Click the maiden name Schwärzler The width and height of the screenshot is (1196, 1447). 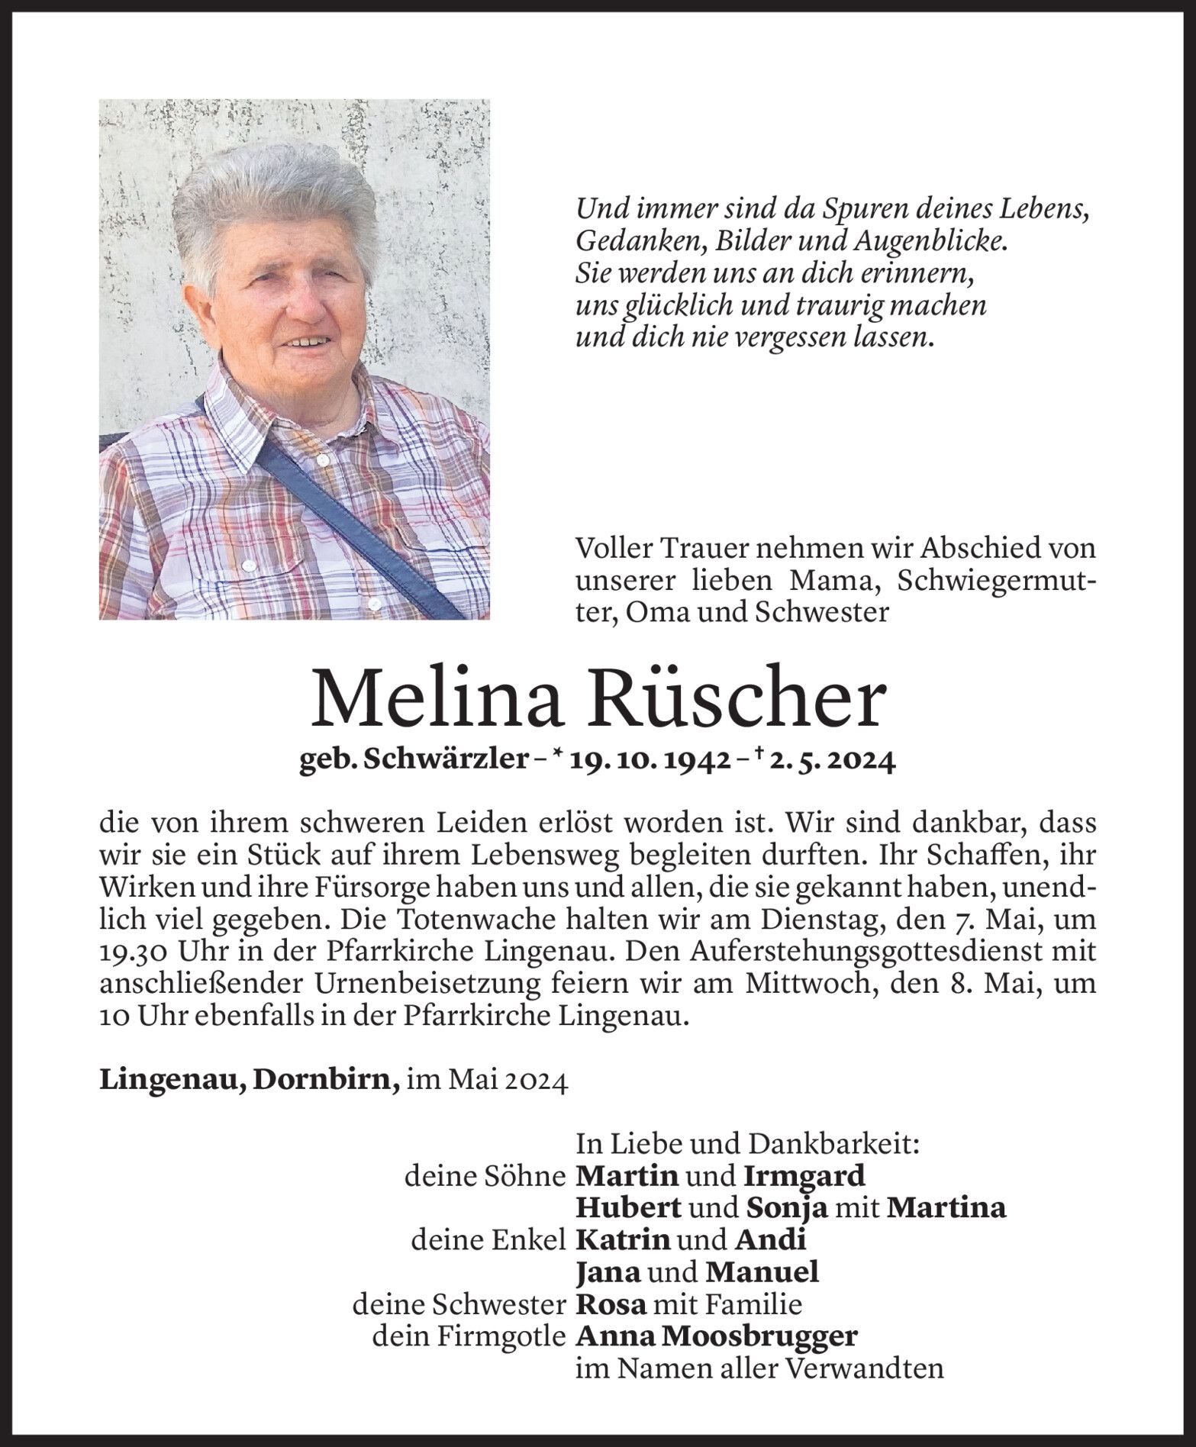pos(446,761)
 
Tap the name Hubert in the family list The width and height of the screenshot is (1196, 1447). pos(627,1207)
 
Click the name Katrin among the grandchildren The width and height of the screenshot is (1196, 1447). pos(622,1239)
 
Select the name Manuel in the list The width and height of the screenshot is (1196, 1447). pos(762,1271)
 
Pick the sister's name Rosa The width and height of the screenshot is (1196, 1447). pos(611,1304)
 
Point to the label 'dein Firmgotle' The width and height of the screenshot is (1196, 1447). pos(469,1336)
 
